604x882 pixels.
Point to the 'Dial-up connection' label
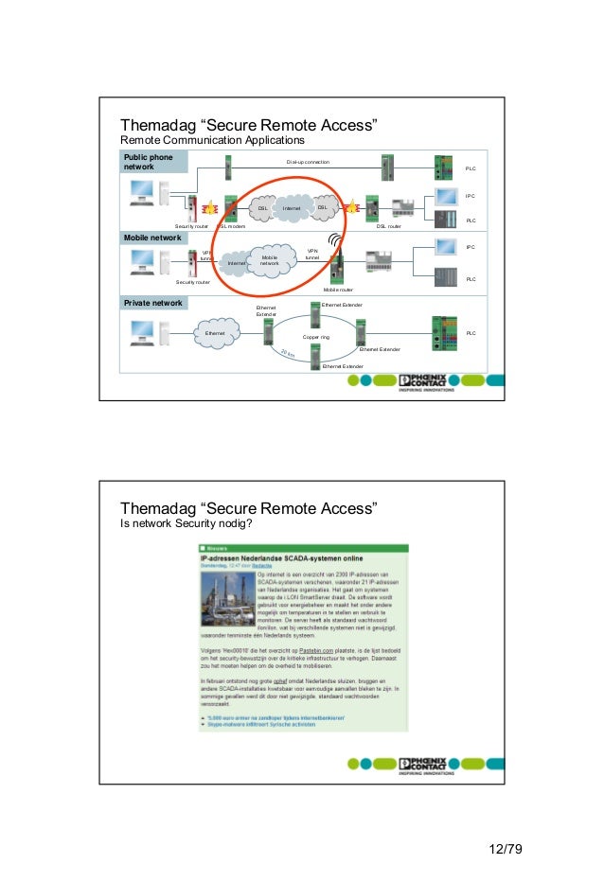click(x=308, y=163)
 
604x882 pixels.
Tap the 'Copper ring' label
click(x=316, y=337)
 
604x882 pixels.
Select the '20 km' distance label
click(x=289, y=355)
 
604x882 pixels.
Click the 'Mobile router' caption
click(x=338, y=290)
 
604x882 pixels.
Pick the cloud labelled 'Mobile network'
click(x=269, y=261)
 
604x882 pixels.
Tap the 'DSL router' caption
click(x=388, y=227)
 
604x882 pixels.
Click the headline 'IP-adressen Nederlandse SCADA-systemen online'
click(x=281, y=558)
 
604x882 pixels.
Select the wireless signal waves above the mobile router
click(x=336, y=241)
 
